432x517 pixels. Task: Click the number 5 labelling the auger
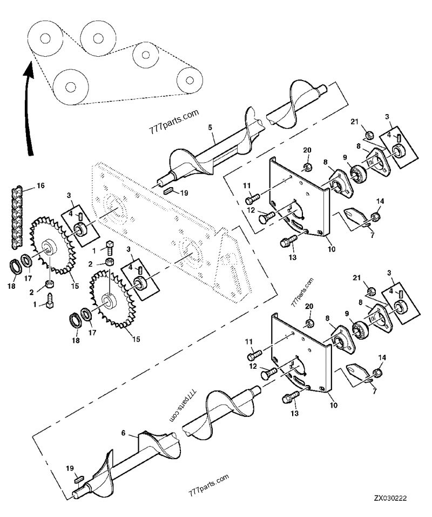pos(210,128)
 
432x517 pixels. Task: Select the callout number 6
pos(123,434)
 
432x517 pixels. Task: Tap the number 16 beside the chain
pos(40,186)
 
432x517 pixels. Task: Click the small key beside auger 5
pos(167,190)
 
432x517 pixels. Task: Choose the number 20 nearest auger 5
pos(307,149)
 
